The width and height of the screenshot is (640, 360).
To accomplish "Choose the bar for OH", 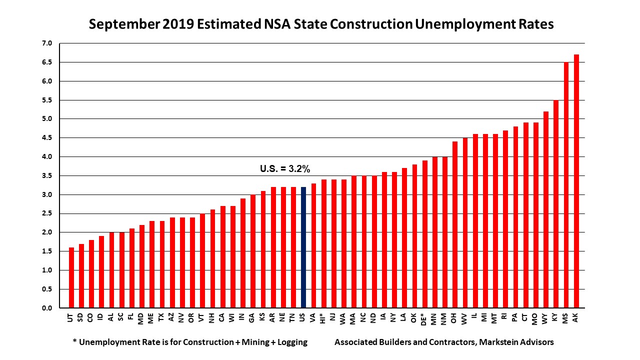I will coord(455,224).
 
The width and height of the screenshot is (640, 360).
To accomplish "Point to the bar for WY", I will coord(545,209).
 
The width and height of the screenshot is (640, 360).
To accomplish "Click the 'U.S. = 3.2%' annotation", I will coord(284,169).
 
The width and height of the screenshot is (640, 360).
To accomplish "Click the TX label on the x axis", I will coord(161,317).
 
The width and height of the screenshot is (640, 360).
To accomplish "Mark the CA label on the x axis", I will coord(222,317).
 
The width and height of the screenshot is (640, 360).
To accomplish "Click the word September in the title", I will coord(125,24).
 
